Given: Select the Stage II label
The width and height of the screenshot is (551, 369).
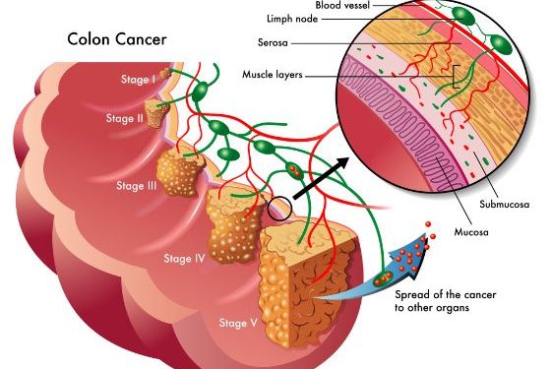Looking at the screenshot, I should tap(126, 119).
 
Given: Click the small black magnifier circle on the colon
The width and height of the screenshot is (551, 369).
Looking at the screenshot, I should tap(279, 209).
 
